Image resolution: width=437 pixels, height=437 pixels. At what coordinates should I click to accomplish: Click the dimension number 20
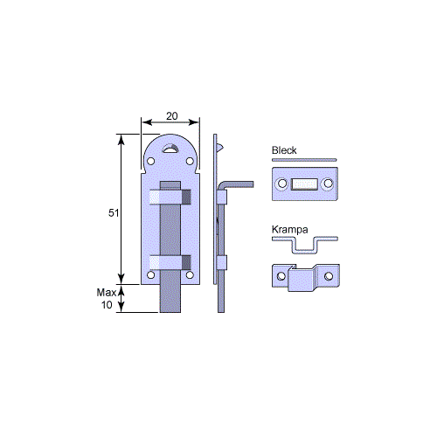click(x=172, y=116)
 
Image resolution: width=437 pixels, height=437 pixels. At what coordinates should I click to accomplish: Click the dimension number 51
click(x=114, y=213)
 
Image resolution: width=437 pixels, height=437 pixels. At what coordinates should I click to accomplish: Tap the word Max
click(x=107, y=293)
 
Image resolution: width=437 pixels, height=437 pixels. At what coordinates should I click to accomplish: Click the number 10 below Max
click(x=107, y=305)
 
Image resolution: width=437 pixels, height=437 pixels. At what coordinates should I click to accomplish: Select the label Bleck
click(x=284, y=150)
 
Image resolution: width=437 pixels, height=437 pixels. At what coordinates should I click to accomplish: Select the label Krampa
click(x=290, y=230)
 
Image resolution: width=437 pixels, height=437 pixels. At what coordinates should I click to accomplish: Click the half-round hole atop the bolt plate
click(x=170, y=149)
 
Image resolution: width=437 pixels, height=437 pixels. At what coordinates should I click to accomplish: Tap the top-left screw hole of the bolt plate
click(x=150, y=161)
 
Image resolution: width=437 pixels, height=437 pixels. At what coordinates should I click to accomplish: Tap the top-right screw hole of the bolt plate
click(x=190, y=161)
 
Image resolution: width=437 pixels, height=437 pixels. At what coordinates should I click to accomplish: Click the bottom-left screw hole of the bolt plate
click(x=150, y=274)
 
